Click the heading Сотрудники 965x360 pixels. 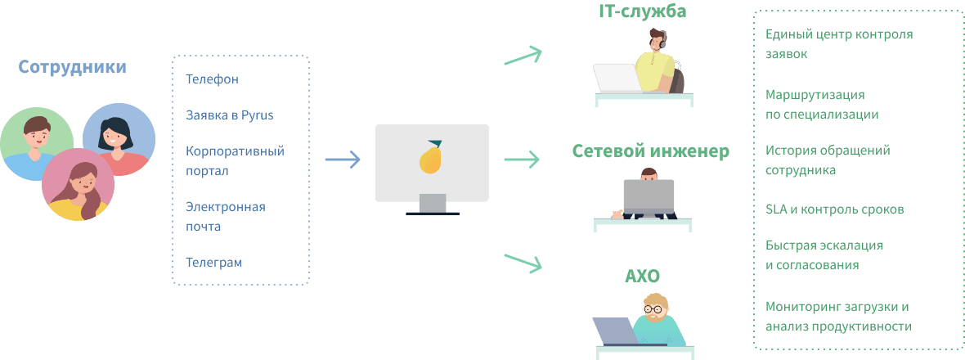click(x=73, y=67)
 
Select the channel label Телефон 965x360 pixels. click(x=212, y=79)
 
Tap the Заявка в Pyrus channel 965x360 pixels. click(x=229, y=115)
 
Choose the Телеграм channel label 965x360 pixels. click(x=213, y=263)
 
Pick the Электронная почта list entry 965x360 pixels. click(x=225, y=216)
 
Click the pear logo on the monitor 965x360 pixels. click(x=430, y=157)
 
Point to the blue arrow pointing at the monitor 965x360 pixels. click(x=343, y=160)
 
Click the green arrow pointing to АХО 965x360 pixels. click(x=523, y=262)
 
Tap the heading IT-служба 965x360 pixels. click(x=643, y=11)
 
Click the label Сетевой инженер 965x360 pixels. click(x=651, y=151)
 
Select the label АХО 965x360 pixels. click(x=642, y=276)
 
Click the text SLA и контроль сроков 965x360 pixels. click(x=834, y=209)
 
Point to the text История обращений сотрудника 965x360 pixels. click(x=827, y=160)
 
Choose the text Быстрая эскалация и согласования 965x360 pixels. click(x=824, y=254)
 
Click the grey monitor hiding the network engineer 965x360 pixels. click(x=649, y=196)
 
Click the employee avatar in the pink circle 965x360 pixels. click(x=78, y=185)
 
